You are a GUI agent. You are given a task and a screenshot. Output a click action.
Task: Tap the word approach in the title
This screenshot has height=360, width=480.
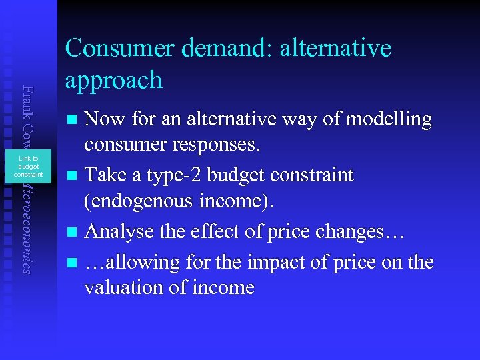coord(114,81)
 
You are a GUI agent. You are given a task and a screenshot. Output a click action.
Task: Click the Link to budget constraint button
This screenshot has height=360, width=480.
coord(29,167)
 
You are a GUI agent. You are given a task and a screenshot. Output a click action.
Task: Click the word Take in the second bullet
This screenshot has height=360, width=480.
coord(107,175)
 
